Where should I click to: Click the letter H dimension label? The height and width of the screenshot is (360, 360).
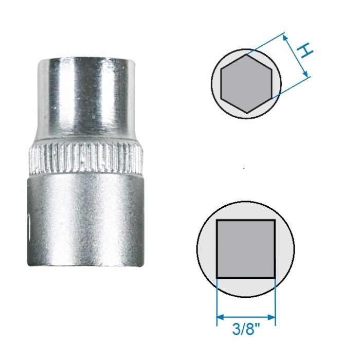pos(305,51)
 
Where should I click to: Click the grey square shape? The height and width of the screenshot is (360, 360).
pos(246,248)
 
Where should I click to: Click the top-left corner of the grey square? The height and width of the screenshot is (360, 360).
pos(217,220)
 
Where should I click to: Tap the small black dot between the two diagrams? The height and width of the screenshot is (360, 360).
pos(244,168)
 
